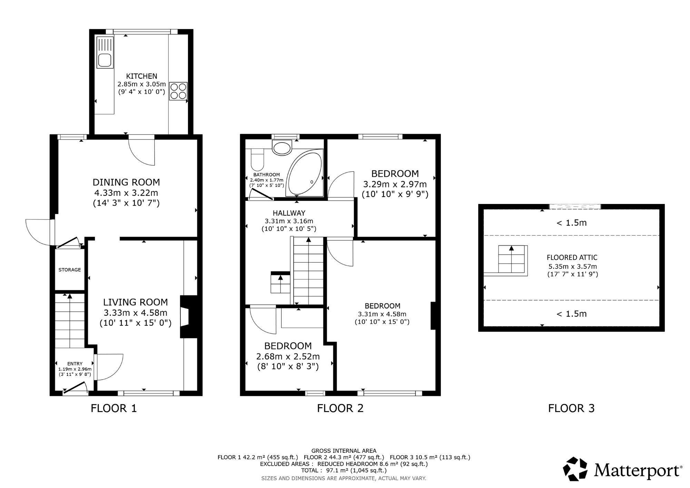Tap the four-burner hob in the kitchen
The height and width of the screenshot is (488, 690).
[178, 91]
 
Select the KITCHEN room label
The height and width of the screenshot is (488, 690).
[141, 76]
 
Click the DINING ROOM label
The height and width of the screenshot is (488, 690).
[126, 182]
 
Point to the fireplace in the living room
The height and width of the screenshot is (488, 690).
[188, 316]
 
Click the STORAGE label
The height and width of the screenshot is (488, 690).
[70, 270]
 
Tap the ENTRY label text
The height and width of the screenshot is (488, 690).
[75, 363]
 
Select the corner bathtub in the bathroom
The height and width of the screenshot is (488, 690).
[304, 172]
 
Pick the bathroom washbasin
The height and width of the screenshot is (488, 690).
[282, 147]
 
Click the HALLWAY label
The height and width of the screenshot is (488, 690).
[289, 213]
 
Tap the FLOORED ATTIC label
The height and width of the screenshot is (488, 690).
[572, 257]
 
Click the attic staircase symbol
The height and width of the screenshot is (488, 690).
[512, 259]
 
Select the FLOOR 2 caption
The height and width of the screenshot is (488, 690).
[340, 408]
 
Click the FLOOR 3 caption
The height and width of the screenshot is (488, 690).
[571, 408]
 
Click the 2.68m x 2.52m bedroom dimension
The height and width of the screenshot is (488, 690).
[288, 356]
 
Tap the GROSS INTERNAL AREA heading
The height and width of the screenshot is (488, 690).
[344, 451]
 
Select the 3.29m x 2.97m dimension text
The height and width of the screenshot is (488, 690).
[395, 184]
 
